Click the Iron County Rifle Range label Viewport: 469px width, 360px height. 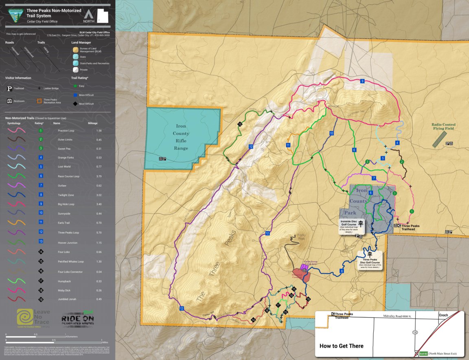click(181, 137)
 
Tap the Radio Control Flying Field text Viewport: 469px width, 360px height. click(444, 127)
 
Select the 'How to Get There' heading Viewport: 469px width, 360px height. click(341, 346)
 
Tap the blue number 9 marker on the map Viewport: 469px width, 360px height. click(362, 81)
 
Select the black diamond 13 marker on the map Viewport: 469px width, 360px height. click(240, 124)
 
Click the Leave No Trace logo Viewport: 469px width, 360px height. click(33, 318)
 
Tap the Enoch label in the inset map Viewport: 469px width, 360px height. click(443, 315)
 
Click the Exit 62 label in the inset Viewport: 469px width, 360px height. click(423, 353)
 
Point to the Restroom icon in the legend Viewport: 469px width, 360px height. click(10, 101)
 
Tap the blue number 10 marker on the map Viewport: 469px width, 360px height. click(331, 133)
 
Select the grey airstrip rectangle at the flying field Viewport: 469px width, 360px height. click(438, 139)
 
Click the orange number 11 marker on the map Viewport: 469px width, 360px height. click(288, 145)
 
